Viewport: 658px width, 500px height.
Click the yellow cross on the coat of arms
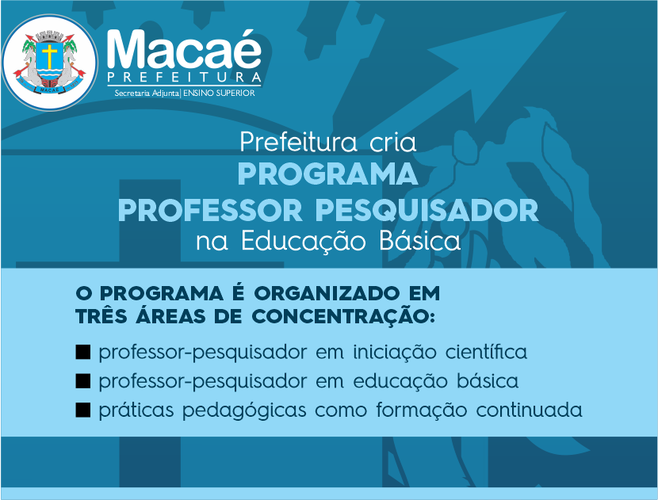coord(49,56)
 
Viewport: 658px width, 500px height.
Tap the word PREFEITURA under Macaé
coord(184,77)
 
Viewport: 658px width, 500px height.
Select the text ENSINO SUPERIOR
coord(219,94)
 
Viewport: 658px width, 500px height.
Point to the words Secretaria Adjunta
coord(147,94)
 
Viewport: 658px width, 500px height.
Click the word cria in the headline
coord(392,143)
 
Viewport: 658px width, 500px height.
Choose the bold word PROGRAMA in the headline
coord(327,174)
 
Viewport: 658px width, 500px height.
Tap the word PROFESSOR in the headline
coord(210,210)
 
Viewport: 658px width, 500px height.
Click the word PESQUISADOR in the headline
coord(427,210)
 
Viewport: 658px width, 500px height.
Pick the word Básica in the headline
coord(420,241)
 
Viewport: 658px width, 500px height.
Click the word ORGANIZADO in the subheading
coord(327,293)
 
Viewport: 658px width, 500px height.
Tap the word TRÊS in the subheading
coord(101,315)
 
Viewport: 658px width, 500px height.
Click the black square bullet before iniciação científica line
coord(83,352)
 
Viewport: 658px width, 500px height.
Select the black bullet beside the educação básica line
coord(83,381)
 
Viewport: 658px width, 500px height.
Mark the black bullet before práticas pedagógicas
coord(83,410)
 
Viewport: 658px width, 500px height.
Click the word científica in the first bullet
coord(486,352)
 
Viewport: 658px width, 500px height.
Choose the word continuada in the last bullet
coord(529,410)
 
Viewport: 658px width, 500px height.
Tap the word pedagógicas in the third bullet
coord(244,410)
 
